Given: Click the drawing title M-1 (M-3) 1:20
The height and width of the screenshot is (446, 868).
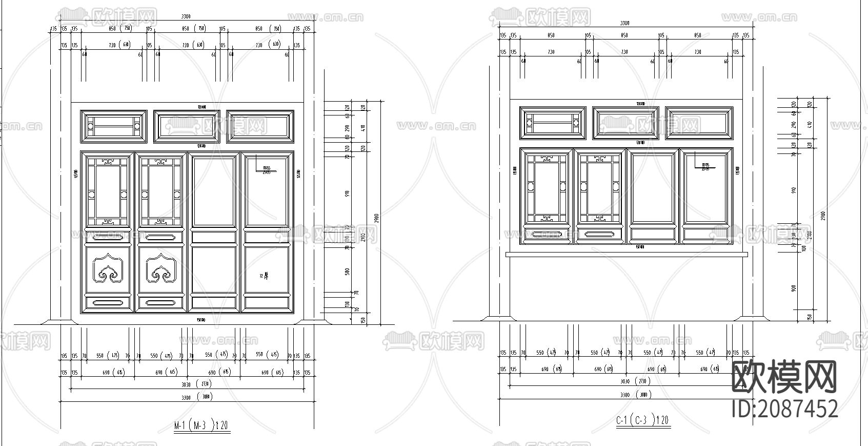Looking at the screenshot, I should [201, 425].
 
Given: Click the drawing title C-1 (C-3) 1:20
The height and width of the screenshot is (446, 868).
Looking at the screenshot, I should [642, 420].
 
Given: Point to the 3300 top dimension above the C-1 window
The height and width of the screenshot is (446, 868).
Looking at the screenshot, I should [624, 23].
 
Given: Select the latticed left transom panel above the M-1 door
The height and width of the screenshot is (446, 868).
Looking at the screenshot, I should [114, 126].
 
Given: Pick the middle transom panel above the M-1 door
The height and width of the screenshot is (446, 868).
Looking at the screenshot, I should [187, 126].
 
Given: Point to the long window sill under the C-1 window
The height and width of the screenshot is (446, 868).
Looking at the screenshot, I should [626, 254].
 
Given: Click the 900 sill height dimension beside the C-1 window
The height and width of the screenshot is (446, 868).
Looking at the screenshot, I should [794, 288].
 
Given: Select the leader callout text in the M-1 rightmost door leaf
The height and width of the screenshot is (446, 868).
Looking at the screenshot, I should [266, 169].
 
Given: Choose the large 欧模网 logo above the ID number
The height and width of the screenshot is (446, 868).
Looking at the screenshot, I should [784, 377].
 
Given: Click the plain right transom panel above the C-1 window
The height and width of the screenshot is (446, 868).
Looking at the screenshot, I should [699, 123].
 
